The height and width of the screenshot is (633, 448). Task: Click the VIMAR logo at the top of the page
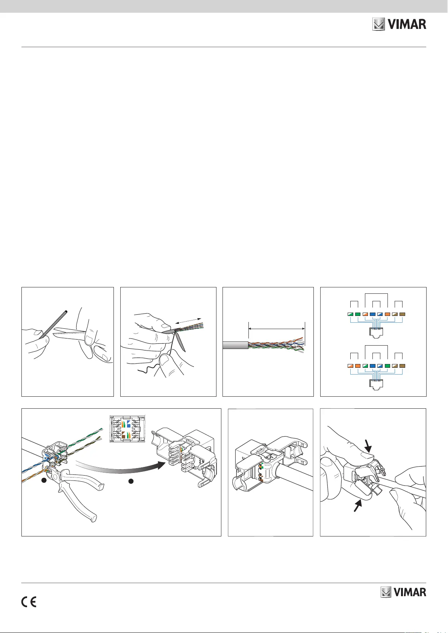pos(399,24)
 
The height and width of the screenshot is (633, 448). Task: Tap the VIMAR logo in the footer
pos(403,592)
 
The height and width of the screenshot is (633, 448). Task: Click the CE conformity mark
pos(29,602)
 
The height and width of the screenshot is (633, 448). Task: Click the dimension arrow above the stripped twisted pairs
pos(277,329)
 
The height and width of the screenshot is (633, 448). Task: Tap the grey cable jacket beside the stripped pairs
pos(235,345)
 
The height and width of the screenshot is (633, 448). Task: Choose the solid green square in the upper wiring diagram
pos(358,314)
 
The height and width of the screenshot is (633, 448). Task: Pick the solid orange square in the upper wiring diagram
pos(387,314)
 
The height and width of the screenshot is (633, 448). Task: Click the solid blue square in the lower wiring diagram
pos(372,366)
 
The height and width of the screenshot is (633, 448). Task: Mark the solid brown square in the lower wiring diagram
pos(403,366)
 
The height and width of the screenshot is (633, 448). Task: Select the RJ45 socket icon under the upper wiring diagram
pos(376,333)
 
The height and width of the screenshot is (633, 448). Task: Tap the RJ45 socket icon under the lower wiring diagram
pos(376,385)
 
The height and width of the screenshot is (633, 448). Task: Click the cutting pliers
pos(75,491)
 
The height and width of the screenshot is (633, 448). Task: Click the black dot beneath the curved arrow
pos(131,481)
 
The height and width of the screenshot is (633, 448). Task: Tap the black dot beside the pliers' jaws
pos(44,480)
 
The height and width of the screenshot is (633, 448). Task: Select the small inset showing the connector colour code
pos(127,428)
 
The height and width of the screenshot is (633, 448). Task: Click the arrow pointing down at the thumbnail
pos(368,446)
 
